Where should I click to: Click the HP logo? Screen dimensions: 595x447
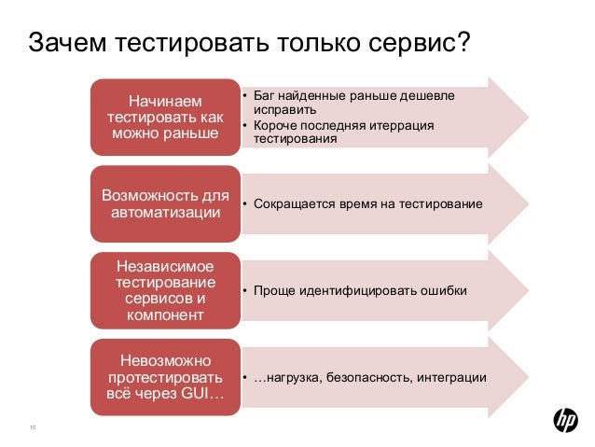(x=566, y=422)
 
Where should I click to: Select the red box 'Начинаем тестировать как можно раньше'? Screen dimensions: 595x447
(x=166, y=117)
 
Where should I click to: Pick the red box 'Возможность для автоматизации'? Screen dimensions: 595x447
(x=166, y=204)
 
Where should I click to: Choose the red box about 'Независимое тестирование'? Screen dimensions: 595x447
(x=166, y=291)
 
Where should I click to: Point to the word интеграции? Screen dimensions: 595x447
(x=452, y=378)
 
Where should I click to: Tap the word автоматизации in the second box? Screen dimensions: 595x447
(x=166, y=214)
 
